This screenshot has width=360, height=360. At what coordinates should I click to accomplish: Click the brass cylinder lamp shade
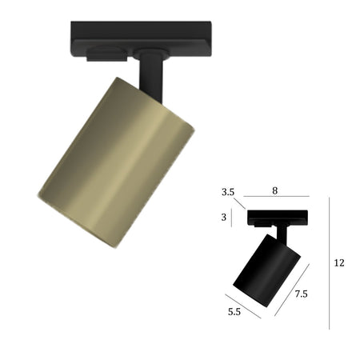(115, 163)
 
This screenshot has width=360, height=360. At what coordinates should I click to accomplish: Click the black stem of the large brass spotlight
(150, 78)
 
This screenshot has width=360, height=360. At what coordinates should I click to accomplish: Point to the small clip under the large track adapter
(107, 55)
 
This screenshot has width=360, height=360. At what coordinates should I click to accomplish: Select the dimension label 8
(275, 190)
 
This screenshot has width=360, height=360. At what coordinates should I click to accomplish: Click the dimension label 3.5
(228, 192)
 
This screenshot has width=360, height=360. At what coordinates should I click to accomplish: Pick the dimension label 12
(339, 263)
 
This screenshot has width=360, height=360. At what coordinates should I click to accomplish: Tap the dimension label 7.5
(301, 294)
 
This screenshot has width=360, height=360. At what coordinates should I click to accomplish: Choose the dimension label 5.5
(234, 311)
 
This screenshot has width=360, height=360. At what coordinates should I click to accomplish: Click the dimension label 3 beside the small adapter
(224, 218)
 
